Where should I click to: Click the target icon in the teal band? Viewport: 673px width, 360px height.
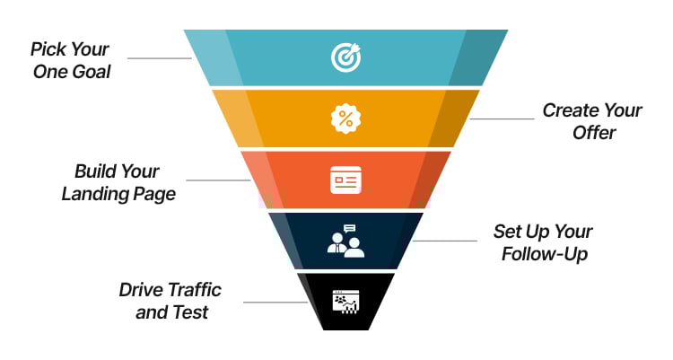click(x=345, y=57)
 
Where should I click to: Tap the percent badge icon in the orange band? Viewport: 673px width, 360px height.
click(x=345, y=119)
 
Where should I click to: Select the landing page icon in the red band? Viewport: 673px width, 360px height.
click(x=345, y=180)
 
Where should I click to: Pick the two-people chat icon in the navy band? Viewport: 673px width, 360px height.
click(x=345, y=241)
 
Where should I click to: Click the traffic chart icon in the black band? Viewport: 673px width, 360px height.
click(x=345, y=300)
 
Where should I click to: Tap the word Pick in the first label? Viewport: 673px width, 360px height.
click(x=48, y=48)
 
